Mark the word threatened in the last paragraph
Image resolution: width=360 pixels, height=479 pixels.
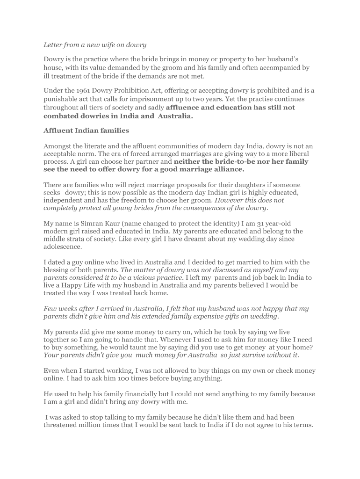click(x=63, y=425)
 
